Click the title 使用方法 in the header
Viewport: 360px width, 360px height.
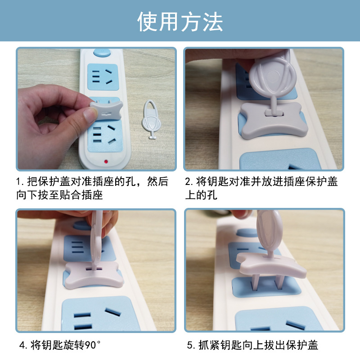point(180,21)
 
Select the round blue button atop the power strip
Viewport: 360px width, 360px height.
point(102,53)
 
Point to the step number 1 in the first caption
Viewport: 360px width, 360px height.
point(19,182)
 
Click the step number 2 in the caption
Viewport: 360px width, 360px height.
point(188,182)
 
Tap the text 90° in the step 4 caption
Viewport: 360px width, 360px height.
point(92,345)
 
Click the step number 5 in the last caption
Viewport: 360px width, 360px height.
point(190,345)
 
